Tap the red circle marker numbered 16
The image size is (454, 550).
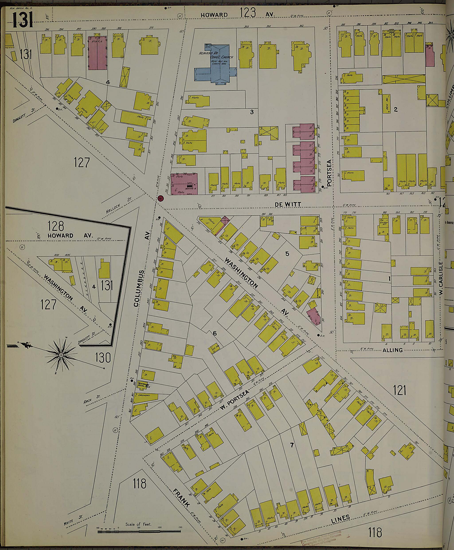(x=160, y=198)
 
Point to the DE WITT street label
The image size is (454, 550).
(x=288, y=205)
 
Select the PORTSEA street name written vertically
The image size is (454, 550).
(x=329, y=173)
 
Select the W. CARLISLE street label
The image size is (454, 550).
(x=441, y=278)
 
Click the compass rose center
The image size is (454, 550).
(x=61, y=355)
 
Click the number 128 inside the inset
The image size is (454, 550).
(x=56, y=225)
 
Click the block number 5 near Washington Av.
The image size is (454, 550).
(x=287, y=253)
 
